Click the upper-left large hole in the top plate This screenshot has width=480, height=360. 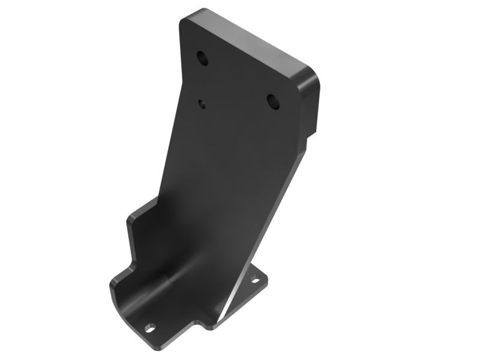[203, 58]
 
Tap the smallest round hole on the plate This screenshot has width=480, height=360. [203, 104]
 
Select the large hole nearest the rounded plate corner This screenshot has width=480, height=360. [273, 101]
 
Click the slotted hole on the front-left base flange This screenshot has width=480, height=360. [150, 328]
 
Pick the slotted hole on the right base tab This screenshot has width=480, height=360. [255, 280]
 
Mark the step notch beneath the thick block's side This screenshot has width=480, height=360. [310, 134]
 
